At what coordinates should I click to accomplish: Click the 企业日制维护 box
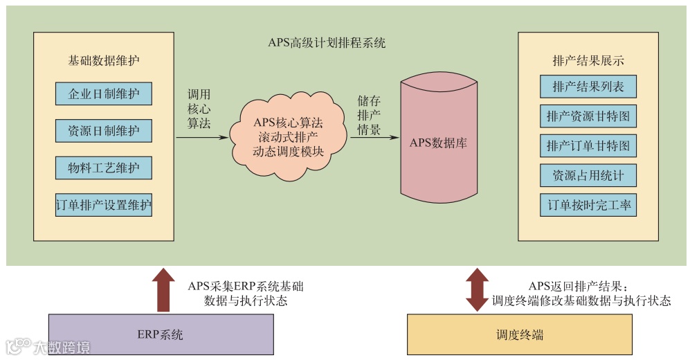pyautogui.click(x=104, y=93)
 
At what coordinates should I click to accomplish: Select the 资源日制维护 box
pyautogui.click(x=104, y=131)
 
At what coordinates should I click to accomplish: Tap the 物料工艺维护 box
pyautogui.click(x=104, y=168)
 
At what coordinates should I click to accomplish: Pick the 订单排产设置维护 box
pyautogui.click(x=104, y=206)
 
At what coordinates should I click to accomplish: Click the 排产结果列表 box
pyautogui.click(x=588, y=87)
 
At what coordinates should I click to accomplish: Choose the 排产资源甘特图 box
pyautogui.click(x=588, y=116)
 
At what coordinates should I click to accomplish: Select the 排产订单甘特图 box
pyautogui.click(x=588, y=146)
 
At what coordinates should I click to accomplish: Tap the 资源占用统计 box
pyautogui.click(x=588, y=176)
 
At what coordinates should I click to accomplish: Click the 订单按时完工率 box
pyautogui.click(x=588, y=206)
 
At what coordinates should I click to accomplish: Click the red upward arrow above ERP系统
pyautogui.click(x=163, y=289)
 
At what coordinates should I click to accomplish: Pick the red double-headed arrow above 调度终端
pyautogui.click(x=477, y=290)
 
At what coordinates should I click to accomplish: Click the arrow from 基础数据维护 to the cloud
pyautogui.click(x=201, y=137)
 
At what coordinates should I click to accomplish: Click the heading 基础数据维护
pyautogui.click(x=104, y=60)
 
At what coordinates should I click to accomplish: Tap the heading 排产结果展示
pyautogui.click(x=588, y=60)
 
